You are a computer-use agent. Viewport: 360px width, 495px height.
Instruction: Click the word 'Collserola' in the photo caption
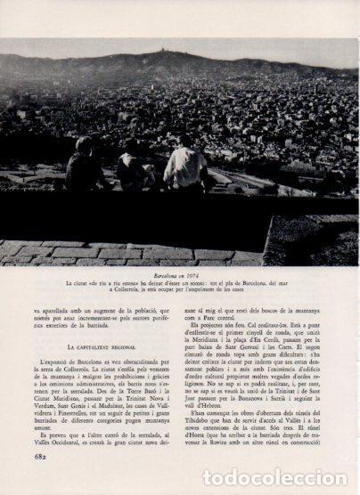147,290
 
